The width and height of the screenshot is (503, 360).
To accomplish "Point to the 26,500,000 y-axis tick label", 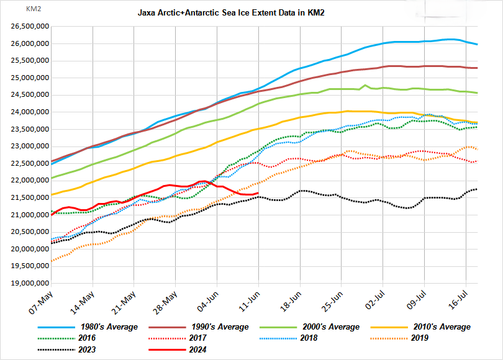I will pos(30,27).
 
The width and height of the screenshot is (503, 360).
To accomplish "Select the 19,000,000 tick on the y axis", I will pos(30,284).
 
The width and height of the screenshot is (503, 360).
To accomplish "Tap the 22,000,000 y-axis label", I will pos(30,181).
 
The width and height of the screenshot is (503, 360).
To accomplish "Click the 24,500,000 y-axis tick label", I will pos(30,95).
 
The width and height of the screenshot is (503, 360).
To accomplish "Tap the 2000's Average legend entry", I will pos(329,326).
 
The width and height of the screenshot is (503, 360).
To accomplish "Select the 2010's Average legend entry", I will pos(440,326).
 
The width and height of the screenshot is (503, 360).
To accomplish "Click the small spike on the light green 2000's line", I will pos(365,85).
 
